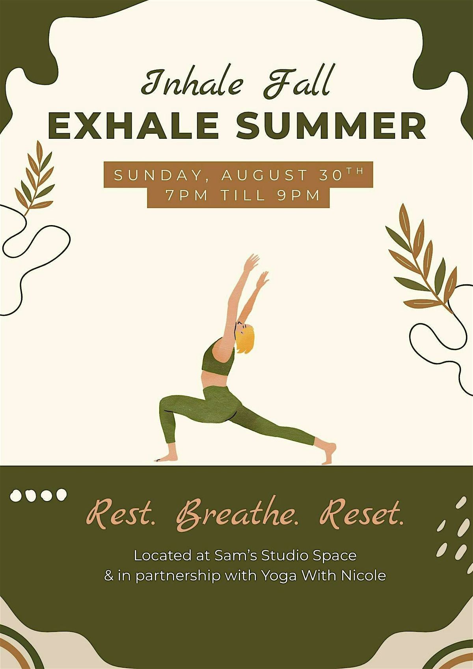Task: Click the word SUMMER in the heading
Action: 331,125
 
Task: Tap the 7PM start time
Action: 186,195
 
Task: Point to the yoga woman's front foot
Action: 166,459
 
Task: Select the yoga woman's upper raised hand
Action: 252,262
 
